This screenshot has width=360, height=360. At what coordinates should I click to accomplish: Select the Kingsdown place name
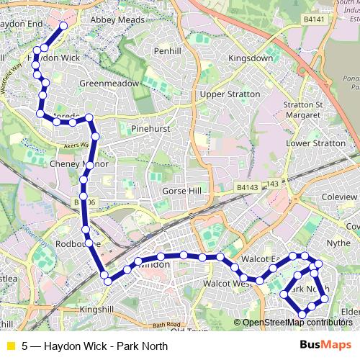[x=250, y=58]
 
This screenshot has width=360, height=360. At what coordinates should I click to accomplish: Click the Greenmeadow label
[x=109, y=83]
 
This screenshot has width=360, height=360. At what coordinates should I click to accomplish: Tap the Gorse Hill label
[x=185, y=191]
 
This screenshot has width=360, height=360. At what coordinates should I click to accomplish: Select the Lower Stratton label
[x=316, y=143]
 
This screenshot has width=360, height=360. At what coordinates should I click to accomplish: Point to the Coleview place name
[x=339, y=196]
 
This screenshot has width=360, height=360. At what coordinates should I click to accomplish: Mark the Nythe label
[x=339, y=243]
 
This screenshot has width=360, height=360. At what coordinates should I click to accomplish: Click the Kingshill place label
[x=97, y=309]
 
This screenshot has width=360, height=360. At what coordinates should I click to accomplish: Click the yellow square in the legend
[x=10, y=346]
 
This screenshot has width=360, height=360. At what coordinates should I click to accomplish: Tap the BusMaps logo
[x=325, y=346]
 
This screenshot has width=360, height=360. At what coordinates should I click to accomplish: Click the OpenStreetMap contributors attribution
[x=297, y=323]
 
